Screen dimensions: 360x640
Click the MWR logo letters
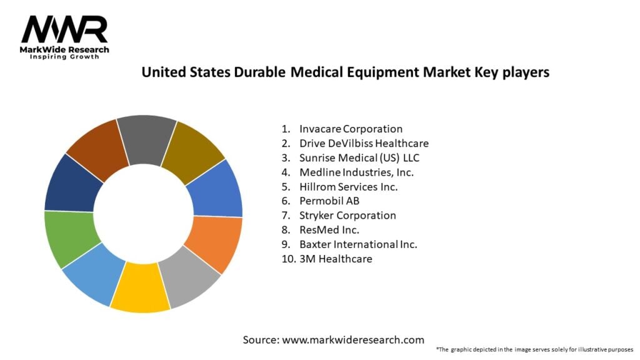click(64, 29)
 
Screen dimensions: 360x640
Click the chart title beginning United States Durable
click(345, 72)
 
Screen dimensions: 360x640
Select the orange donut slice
click(218, 243)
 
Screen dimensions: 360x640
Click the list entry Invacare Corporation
click(351, 129)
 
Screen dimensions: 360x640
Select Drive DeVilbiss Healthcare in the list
click(364, 143)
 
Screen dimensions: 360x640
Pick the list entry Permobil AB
click(329, 201)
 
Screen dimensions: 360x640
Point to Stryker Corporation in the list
click(347, 215)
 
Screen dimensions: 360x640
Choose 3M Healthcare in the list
click(336, 258)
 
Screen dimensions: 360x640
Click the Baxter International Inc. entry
click(358, 244)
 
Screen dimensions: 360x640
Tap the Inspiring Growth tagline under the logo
click(64, 57)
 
